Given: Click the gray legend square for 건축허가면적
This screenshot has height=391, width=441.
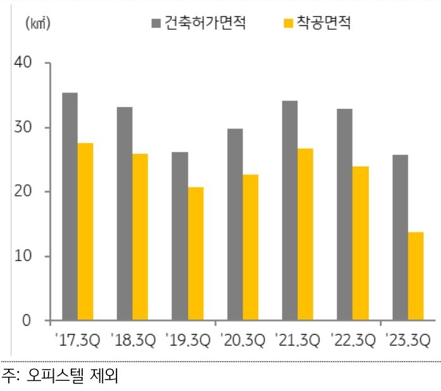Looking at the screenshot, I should [x=156, y=24].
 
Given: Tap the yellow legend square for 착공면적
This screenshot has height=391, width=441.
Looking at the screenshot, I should [x=288, y=24].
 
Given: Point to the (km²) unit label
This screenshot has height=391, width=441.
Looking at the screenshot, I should [x=37, y=24].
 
